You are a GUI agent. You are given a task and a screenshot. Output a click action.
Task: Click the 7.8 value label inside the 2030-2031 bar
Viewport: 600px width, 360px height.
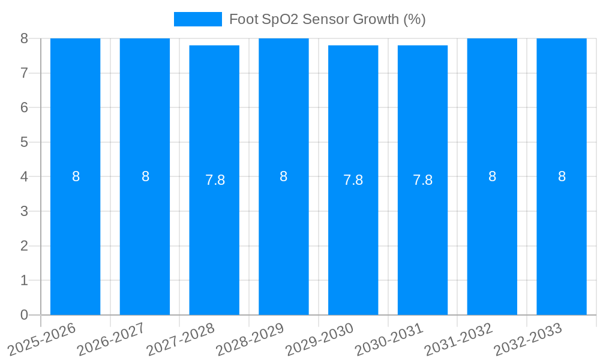click(x=422, y=180)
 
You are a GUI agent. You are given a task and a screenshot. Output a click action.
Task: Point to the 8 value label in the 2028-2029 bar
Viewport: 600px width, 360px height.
click(x=284, y=176)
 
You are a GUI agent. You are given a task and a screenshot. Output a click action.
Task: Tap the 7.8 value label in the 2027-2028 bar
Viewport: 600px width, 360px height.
click(x=215, y=180)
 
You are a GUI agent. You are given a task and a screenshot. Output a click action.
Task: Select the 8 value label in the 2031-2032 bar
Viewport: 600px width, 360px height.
click(x=492, y=176)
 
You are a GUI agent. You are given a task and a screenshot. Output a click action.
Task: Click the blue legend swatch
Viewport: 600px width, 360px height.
click(x=197, y=19)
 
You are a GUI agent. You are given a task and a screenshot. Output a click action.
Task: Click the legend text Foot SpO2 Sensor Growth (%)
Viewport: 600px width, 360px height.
click(x=327, y=19)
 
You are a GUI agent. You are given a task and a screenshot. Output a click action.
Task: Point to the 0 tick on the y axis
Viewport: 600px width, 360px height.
click(x=24, y=315)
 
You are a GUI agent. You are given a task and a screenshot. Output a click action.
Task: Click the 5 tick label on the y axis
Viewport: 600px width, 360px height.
click(x=24, y=142)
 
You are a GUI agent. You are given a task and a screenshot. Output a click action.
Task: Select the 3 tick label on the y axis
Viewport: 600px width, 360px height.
click(x=24, y=211)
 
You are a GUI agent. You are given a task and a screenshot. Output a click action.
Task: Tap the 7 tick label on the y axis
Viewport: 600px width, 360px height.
click(x=24, y=73)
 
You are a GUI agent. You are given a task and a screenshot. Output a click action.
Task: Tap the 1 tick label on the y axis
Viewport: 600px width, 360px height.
click(x=24, y=280)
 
